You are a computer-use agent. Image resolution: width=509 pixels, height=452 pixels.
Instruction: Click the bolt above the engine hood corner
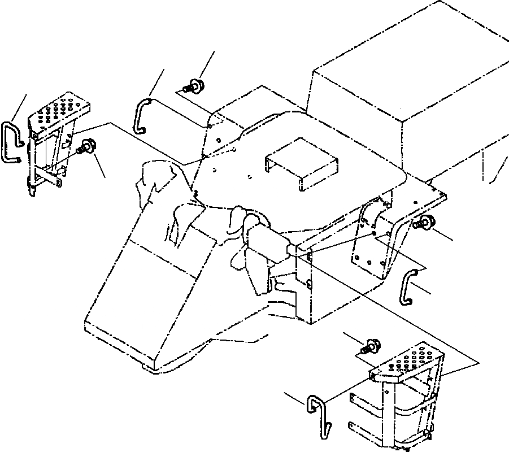(x=197, y=87)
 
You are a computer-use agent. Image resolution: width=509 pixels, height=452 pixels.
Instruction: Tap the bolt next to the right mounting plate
(x=424, y=224)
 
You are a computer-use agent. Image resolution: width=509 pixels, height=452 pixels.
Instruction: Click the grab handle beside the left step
(x=12, y=142)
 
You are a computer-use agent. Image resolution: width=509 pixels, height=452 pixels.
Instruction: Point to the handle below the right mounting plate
(x=409, y=285)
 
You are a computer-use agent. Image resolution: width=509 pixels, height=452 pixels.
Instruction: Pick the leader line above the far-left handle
(x=20, y=107)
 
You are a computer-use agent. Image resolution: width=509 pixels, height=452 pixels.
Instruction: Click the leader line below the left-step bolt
(x=99, y=166)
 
